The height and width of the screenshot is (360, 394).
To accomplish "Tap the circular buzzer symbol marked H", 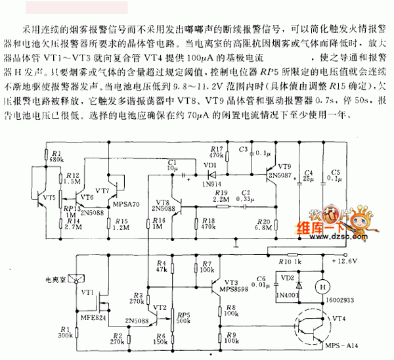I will tap(322, 287).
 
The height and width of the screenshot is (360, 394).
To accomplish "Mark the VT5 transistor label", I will tap(49, 196).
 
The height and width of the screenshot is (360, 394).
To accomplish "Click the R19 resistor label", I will tap(222, 192).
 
